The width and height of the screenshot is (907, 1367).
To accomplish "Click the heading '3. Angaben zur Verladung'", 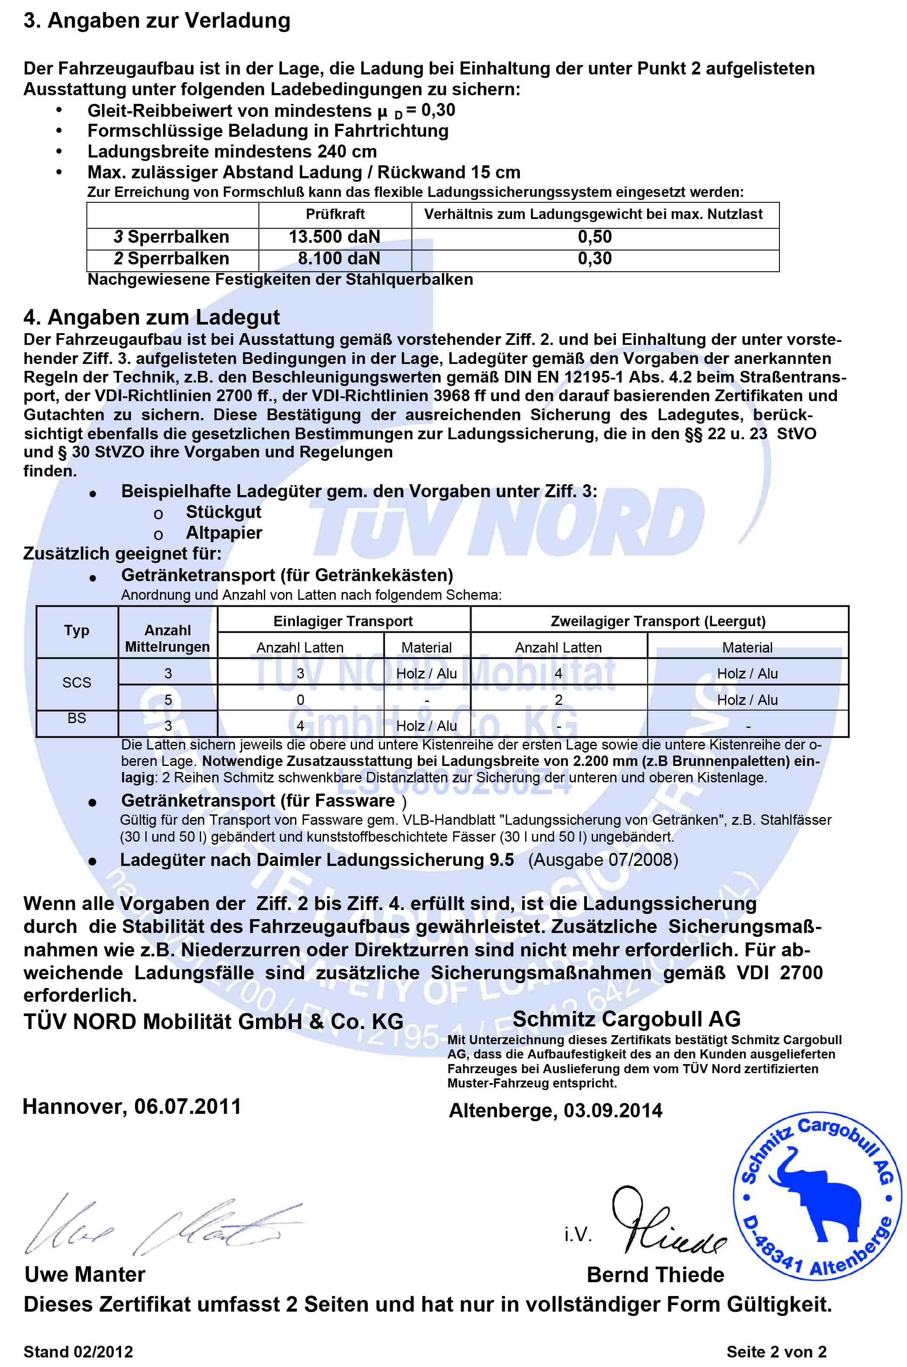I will (157, 21).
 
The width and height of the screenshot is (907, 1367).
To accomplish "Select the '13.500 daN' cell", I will (334, 237).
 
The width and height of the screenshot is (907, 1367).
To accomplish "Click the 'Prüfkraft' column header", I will (335, 214).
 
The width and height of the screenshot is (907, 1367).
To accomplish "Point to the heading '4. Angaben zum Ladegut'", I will (151, 317).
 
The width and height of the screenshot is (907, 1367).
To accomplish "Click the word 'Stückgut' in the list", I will (223, 512).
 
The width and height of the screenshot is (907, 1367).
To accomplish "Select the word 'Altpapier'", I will (224, 533).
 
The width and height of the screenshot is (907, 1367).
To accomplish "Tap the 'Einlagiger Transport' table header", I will (343, 621).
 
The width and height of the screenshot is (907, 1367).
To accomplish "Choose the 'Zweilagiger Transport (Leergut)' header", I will (658, 621).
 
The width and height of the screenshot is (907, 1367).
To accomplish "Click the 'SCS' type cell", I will (77, 683).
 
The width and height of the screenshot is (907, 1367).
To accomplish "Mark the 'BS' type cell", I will (77, 718).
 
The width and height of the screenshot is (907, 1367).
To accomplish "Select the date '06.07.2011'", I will (187, 1106).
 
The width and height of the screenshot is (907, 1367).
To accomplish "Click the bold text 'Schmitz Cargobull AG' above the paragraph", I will (626, 1019).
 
